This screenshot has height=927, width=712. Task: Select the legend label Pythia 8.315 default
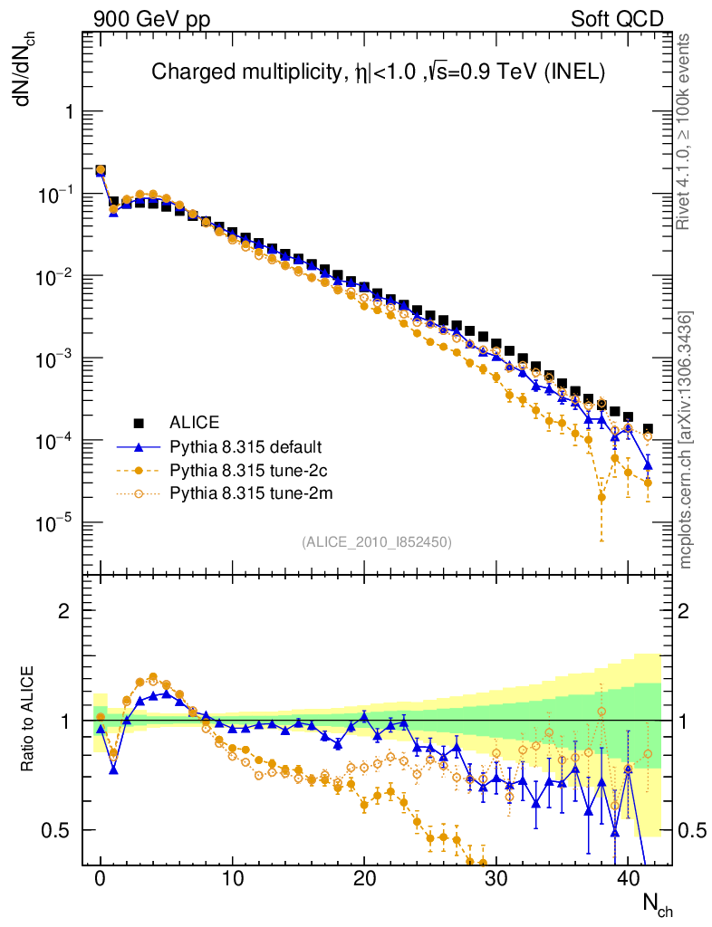click(245, 446)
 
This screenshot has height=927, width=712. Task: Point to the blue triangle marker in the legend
click(140, 446)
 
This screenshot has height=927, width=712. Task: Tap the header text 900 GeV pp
click(151, 19)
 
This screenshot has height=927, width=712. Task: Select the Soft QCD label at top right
click(617, 19)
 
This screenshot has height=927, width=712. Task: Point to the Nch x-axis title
click(657, 903)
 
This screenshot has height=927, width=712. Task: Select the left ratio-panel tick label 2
click(64, 610)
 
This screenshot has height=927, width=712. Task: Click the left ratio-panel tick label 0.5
click(58, 830)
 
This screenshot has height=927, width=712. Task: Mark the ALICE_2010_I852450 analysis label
click(376, 541)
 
